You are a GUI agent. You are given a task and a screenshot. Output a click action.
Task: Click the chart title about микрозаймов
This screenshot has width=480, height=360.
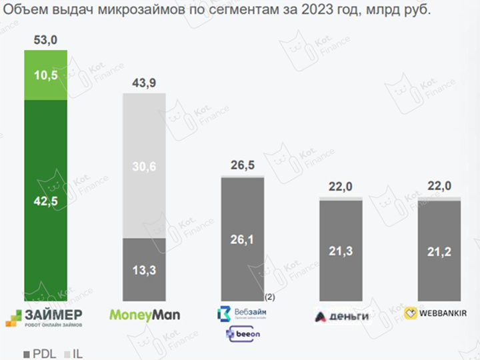pyautogui.click(x=217, y=11)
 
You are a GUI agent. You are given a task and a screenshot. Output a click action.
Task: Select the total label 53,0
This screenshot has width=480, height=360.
pyautogui.click(x=46, y=41)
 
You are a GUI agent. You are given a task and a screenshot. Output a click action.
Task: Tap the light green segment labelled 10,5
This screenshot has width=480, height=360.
pyautogui.click(x=46, y=75)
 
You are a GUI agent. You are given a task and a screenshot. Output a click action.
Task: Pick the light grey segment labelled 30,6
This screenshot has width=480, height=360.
pyautogui.click(x=143, y=167)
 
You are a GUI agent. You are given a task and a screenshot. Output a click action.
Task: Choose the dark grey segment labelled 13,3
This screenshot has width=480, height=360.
pyautogui.click(x=143, y=270)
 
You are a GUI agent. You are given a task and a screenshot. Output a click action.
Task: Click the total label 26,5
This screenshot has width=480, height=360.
pyautogui.click(x=243, y=165)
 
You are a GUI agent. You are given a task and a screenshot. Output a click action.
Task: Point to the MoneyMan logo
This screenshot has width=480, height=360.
pyautogui.click(x=143, y=314)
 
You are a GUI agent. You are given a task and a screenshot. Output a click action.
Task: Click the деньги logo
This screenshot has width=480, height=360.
pyautogui.click(x=341, y=315)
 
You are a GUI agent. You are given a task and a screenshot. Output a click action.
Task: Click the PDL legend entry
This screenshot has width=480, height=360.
pyautogui.click(x=39, y=353)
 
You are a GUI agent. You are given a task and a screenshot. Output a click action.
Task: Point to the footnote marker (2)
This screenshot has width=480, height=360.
pyautogui.click(x=271, y=296)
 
